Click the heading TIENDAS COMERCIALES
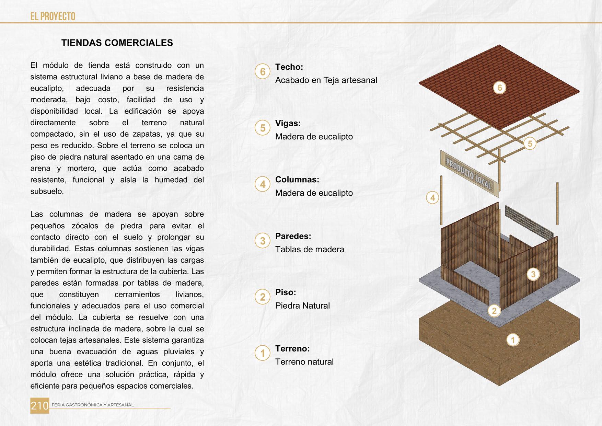click(117, 43)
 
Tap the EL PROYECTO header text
click(53, 16)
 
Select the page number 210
click(40, 406)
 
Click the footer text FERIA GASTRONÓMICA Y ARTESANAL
click(93, 405)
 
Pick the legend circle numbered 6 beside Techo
click(263, 72)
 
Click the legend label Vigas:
click(288, 123)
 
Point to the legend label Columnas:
click(297, 180)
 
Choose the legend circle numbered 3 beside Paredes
click(263, 241)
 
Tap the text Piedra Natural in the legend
click(302, 306)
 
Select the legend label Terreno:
click(292, 348)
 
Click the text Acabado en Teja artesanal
click(326, 80)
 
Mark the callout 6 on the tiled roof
click(500, 88)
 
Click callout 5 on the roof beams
click(530, 143)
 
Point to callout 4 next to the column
click(432, 198)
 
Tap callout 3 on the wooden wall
click(533, 274)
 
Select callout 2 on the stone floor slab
click(494, 311)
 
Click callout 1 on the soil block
click(513, 340)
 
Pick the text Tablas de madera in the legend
click(310, 249)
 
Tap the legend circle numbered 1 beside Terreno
click(263, 353)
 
